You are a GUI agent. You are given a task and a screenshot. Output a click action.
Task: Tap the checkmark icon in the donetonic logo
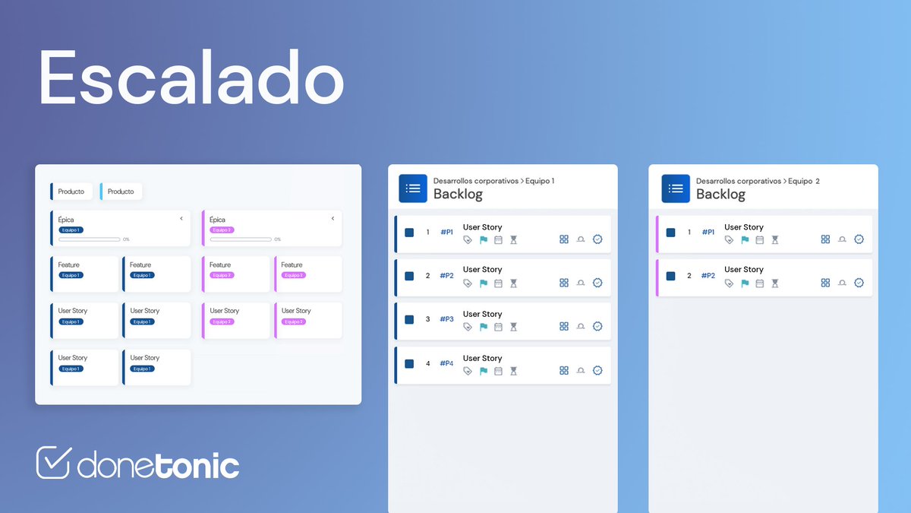click(x=54, y=462)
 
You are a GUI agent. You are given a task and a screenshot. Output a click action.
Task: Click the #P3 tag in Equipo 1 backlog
click(x=446, y=320)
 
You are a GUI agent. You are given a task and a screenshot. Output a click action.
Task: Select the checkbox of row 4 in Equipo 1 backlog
click(x=409, y=364)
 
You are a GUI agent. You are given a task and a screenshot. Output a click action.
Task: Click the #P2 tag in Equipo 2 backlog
click(x=708, y=276)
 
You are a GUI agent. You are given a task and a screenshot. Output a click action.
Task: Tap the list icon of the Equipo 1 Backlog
click(x=413, y=188)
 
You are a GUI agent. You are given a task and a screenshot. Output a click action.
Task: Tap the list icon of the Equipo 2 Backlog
click(x=676, y=188)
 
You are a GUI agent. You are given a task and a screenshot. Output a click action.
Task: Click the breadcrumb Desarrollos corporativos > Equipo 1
click(x=493, y=181)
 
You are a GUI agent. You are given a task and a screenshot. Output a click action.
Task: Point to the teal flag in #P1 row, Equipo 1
click(x=483, y=239)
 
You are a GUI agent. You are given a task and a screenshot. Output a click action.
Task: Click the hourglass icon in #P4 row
click(x=513, y=371)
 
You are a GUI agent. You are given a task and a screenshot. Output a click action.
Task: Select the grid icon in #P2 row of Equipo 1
click(x=564, y=283)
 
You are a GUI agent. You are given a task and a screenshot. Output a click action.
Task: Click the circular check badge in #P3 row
click(x=597, y=327)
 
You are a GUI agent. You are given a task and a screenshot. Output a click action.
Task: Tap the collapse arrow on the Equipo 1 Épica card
click(x=181, y=219)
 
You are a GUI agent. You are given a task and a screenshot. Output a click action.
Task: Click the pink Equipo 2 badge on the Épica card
click(x=222, y=230)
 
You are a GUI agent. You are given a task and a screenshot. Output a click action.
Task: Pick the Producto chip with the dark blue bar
click(x=72, y=192)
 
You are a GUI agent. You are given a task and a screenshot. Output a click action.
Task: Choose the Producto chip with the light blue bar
click(x=121, y=192)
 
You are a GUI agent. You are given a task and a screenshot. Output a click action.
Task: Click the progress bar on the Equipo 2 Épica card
click(x=241, y=239)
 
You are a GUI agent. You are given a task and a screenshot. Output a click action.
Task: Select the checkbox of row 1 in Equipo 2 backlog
click(x=670, y=233)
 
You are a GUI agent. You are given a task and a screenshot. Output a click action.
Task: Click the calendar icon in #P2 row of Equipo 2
click(x=759, y=283)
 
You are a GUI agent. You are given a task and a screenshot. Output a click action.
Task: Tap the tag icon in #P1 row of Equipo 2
click(x=729, y=239)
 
